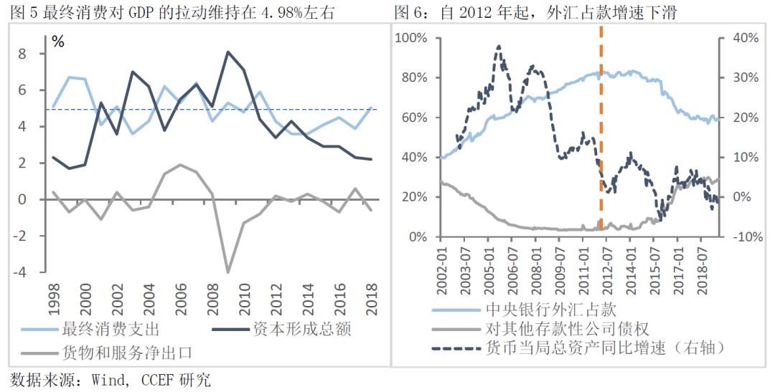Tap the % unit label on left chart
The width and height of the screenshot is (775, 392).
(x=57, y=42)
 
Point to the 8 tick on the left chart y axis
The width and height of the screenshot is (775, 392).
(x=42, y=54)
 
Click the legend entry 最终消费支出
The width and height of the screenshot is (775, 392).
(x=111, y=330)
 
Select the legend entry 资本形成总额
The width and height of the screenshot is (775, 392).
(x=301, y=330)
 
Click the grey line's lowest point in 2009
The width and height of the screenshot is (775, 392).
(x=228, y=272)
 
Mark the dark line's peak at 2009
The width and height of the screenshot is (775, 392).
(x=228, y=52)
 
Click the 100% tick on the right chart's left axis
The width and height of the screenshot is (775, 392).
(x=414, y=37)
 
